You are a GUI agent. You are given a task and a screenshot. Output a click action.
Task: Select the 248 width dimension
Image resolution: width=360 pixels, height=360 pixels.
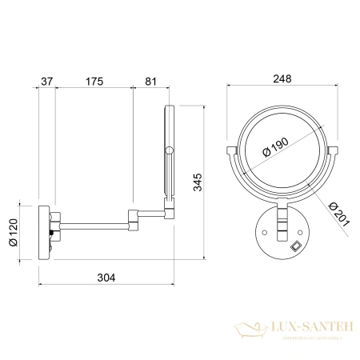coord(279,78)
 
